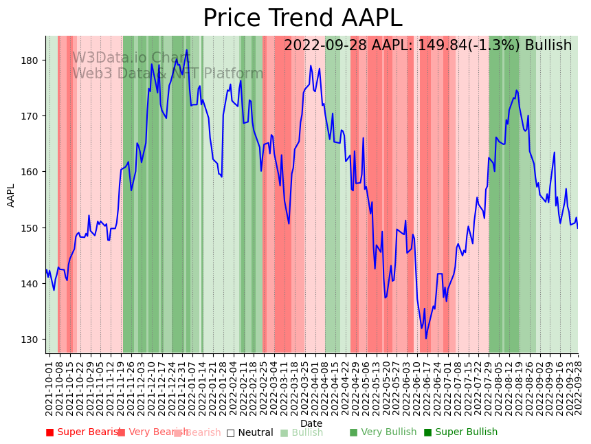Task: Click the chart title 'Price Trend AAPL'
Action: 302,19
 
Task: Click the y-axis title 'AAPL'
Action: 11,195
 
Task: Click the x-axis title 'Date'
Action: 311,423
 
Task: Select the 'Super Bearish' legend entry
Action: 83,432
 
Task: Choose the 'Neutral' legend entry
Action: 249,432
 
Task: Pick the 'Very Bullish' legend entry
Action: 383,432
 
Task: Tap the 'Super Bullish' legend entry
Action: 460,432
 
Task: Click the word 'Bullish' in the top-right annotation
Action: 548,46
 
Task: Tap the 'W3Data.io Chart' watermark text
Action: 131,58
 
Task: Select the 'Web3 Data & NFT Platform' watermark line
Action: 168,74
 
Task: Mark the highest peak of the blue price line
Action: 186,49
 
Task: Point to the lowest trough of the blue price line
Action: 426,338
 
